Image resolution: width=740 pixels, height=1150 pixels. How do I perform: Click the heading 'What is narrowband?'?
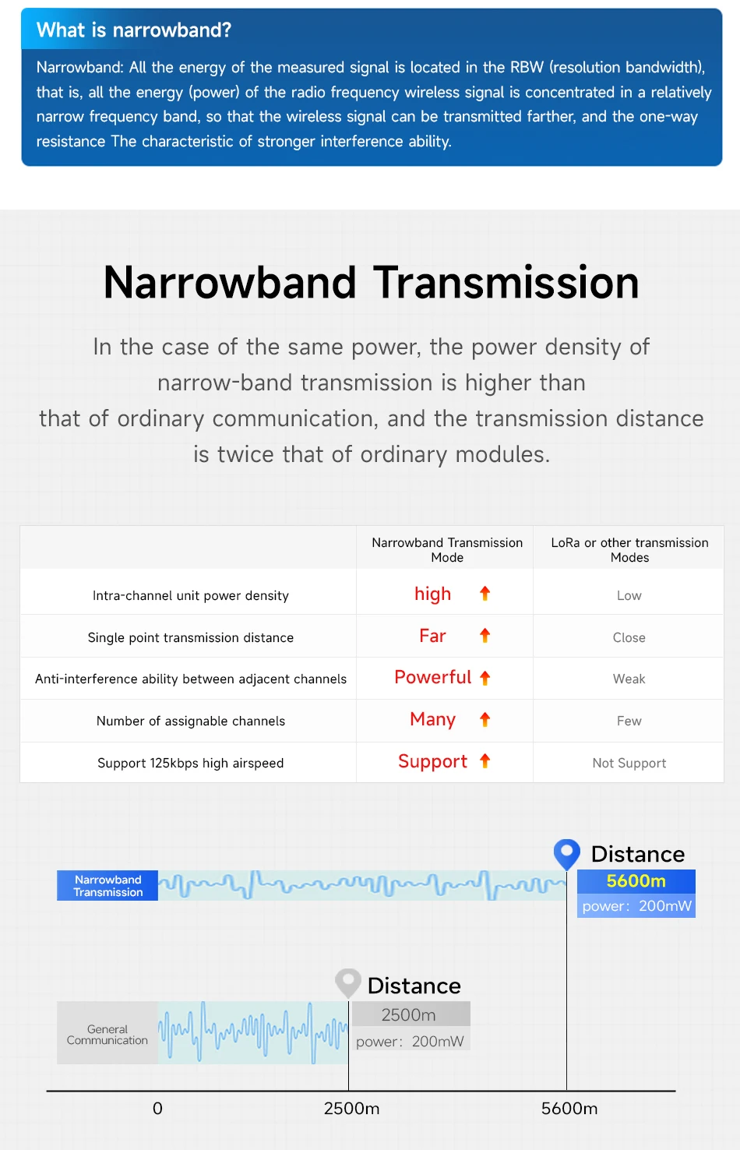(x=134, y=30)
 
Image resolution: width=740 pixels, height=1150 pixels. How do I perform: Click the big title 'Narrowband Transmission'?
(x=371, y=282)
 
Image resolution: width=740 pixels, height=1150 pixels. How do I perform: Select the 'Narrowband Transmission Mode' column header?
(x=447, y=549)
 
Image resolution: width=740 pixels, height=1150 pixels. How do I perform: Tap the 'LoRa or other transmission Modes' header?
(x=629, y=549)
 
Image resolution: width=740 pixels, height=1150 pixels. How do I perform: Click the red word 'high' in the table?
(x=432, y=594)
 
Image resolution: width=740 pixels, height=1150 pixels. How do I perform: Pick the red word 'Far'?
(x=432, y=636)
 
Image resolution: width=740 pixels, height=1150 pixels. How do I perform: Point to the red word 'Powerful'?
(x=432, y=677)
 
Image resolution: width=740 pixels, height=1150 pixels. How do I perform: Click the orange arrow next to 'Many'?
(x=485, y=719)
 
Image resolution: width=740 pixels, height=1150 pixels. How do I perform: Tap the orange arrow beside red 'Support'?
(x=485, y=760)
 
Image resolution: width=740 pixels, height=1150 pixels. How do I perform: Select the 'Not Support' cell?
(x=629, y=763)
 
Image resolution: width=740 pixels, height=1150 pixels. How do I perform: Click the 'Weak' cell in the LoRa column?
(x=629, y=679)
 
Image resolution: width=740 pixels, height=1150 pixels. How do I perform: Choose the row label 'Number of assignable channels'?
(x=191, y=721)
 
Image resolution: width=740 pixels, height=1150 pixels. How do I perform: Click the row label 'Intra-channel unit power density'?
(x=191, y=595)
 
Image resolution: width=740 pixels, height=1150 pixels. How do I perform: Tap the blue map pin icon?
(x=566, y=852)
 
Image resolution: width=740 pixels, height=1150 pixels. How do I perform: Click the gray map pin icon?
(x=347, y=982)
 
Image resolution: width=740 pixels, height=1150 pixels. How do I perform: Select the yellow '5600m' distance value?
(x=636, y=880)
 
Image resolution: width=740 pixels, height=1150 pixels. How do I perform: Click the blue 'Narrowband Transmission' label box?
(x=107, y=885)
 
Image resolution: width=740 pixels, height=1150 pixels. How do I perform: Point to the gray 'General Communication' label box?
(x=107, y=1034)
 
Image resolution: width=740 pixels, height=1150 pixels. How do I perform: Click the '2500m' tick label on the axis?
(x=351, y=1108)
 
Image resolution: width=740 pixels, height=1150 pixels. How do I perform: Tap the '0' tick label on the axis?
(x=157, y=1108)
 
